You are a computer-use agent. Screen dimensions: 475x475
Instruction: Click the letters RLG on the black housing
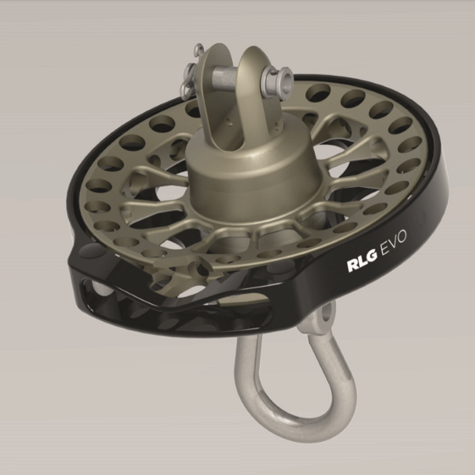(x=362, y=266)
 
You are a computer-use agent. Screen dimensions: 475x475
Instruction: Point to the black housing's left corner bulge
(x=80, y=261)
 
